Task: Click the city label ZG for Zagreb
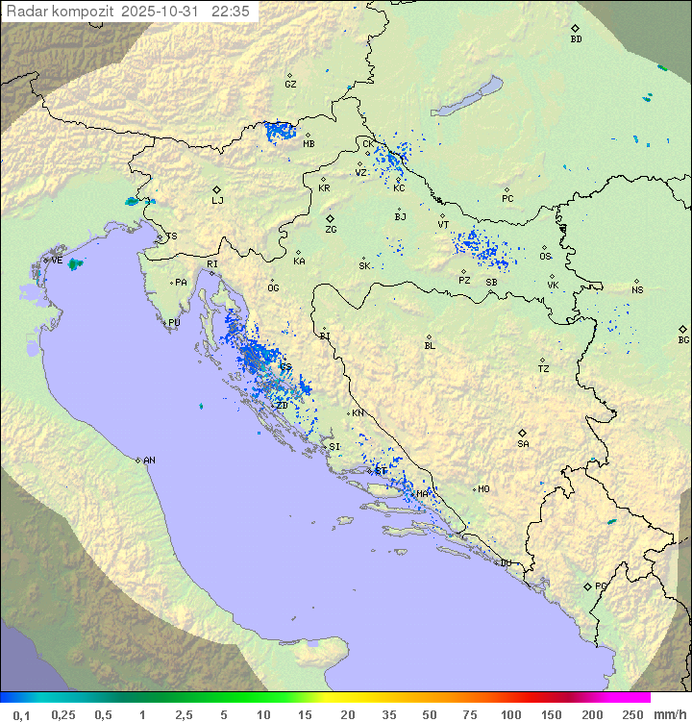coord(331,230)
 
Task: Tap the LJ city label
coord(218,201)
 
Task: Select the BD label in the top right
coord(576,39)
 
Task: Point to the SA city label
coord(523,444)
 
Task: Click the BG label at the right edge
coord(683,340)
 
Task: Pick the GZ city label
coord(290,85)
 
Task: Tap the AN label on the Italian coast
coord(149,461)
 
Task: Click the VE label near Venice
coord(57,261)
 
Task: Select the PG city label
coord(601,586)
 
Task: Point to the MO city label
coord(483,489)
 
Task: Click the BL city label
coord(430,346)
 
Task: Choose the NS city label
coord(637,290)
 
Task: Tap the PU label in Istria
coord(174,323)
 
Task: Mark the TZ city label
coord(544,369)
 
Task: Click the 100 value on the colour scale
coord(510,714)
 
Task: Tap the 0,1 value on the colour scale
coord(21,714)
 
